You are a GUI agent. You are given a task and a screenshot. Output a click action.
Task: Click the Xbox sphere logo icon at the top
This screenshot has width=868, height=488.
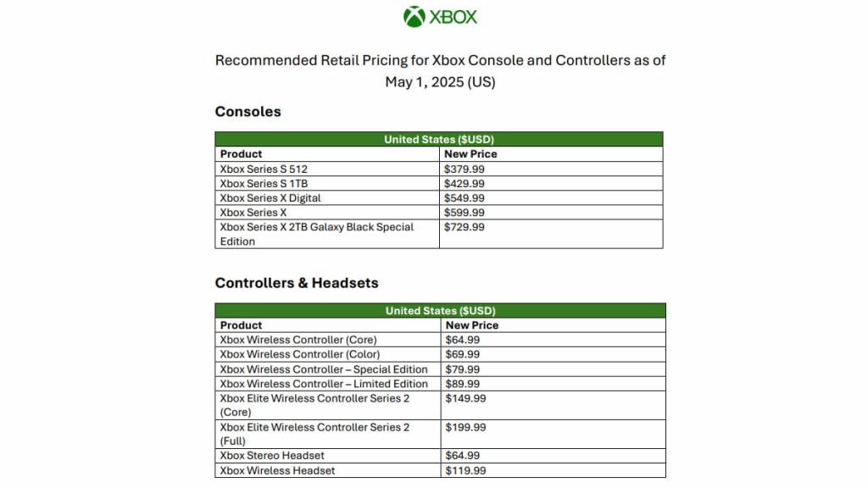point(415,17)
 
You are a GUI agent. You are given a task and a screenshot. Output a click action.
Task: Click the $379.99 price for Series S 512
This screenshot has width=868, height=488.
point(465,169)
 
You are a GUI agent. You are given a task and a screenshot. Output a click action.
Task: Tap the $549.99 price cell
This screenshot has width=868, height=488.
point(465,198)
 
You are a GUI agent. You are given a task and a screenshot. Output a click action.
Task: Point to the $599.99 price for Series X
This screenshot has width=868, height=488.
point(465,213)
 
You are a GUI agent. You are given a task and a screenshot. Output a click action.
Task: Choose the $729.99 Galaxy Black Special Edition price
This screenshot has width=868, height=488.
point(465,227)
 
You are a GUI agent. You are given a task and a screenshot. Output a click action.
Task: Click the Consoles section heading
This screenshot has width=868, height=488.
point(248,112)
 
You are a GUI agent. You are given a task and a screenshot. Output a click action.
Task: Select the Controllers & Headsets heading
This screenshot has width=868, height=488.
point(297,283)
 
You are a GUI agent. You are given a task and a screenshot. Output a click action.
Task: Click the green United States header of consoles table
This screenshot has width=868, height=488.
point(439,140)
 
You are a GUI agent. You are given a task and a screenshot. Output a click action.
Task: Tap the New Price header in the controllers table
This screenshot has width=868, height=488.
point(472,325)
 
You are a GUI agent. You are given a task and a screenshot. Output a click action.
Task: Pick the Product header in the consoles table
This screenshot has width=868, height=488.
point(241,154)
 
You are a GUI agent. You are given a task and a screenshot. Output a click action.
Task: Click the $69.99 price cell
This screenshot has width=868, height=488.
point(463,354)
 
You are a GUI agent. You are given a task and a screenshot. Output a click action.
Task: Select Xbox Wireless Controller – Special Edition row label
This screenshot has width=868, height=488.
point(324,369)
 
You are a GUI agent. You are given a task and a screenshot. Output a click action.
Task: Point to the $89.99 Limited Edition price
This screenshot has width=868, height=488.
point(463,384)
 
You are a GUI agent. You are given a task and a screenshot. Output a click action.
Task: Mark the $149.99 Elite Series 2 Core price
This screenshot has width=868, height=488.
point(465,398)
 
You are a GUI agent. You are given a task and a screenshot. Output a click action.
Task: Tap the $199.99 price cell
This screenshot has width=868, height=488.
point(465,428)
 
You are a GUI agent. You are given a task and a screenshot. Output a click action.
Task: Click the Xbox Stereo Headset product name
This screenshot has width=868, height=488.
point(272,456)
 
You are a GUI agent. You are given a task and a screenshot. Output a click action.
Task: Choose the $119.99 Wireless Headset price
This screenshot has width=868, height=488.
point(465,471)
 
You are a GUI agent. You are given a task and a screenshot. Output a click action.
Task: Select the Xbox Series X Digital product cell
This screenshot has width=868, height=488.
point(270,198)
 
